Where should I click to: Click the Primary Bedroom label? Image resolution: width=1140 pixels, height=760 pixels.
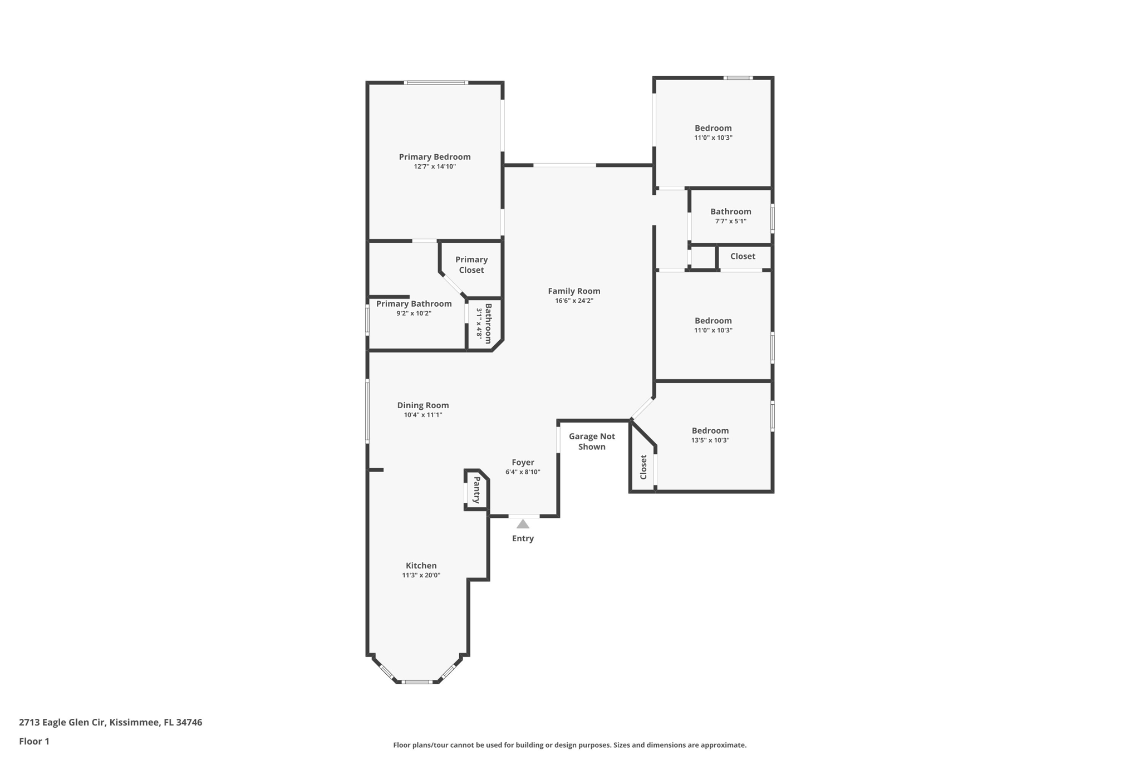point(434,157)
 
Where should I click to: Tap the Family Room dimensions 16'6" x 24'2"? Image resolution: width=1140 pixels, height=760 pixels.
point(573,301)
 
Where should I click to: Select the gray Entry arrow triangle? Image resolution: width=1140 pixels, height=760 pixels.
point(522,524)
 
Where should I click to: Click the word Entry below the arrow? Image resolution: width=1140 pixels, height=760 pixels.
point(522,538)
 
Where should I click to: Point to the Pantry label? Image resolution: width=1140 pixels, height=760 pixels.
point(477,490)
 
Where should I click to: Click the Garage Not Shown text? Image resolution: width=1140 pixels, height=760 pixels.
point(591,442)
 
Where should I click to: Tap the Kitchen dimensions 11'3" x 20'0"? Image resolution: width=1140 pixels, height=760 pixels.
point(421,575)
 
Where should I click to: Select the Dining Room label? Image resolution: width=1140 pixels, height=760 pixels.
point(422,405)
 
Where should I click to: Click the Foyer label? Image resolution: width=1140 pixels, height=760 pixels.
point(522,462)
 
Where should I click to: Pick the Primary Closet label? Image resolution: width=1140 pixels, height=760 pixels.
point(471,264)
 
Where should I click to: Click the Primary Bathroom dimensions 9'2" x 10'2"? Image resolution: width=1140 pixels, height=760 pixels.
point(414,313)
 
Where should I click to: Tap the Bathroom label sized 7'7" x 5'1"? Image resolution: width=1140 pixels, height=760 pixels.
point(730,212)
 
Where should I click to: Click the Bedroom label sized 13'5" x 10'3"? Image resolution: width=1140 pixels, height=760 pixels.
point(710,430)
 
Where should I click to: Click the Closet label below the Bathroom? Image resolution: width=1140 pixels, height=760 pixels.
point(743,256)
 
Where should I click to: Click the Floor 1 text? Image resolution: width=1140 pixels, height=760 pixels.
point(34,741)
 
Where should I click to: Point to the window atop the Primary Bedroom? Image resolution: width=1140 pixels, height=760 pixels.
point(435,83)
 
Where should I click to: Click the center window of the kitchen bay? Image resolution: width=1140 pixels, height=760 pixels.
point(416,681)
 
